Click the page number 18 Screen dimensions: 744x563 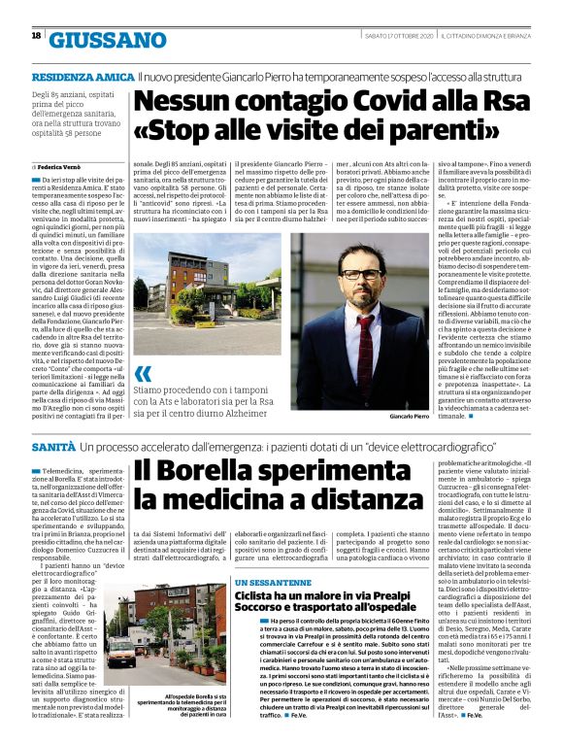point(36,36)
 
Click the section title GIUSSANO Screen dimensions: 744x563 point(108,40)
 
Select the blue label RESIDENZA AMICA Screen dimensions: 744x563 point(82,76)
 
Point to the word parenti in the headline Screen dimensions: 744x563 point(386,131)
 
